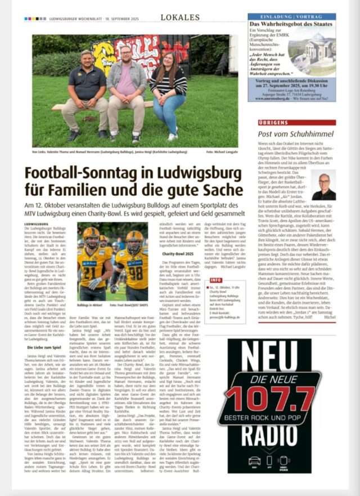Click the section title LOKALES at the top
tap(179, 17)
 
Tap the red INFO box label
tap(215, 280)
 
